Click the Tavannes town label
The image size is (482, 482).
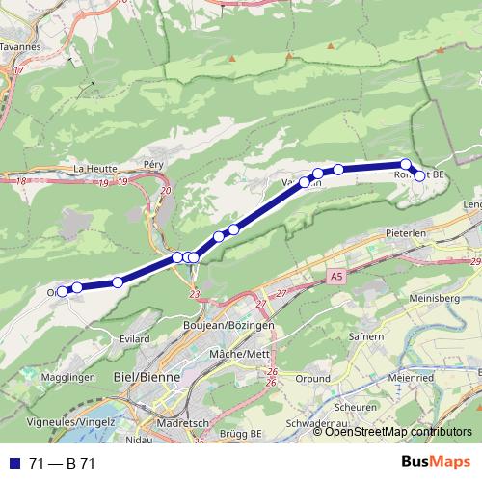point(20,44)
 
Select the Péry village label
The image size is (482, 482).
point(154,165)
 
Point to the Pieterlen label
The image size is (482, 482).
point(405,233)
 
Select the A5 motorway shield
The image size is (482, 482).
point(335,277)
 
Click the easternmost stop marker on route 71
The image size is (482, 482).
point(419,175)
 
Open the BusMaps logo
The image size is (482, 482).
point(436,463)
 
